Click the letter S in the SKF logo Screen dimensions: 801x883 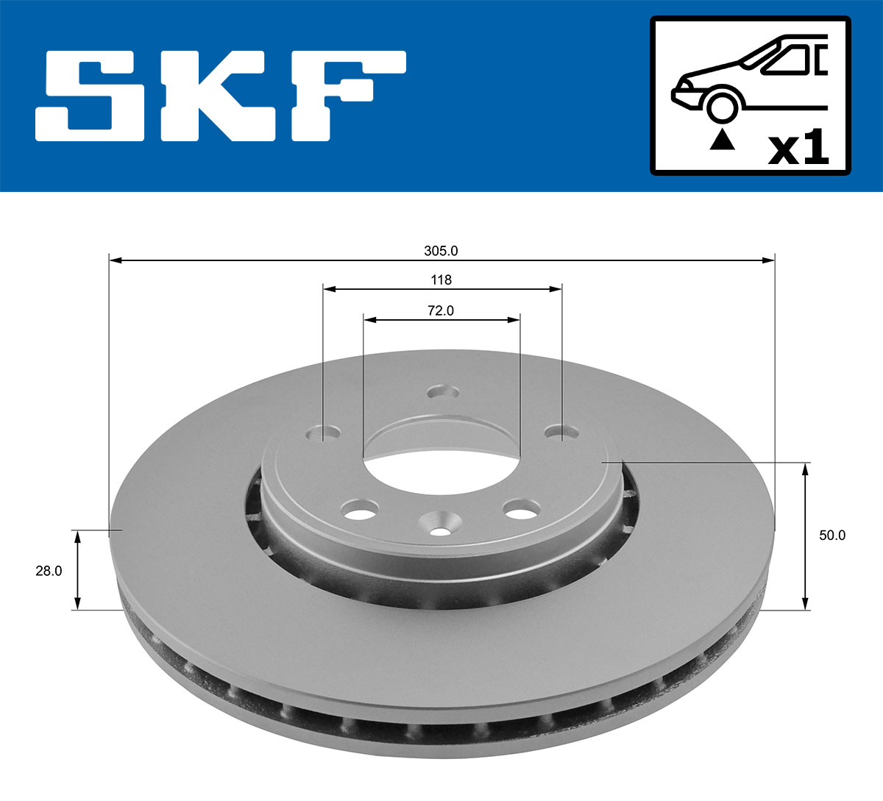coord(91,96)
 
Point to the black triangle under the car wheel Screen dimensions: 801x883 coord(722,139)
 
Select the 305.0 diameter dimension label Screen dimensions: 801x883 coord(441,251)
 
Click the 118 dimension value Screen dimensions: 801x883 coord(441,280)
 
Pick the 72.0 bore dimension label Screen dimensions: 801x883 coord(441,311)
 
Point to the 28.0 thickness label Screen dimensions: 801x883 coord(49,570)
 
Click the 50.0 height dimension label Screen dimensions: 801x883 coord(832,535)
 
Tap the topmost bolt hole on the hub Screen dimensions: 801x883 coord(442,391)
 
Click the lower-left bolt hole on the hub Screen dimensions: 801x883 coord(360,508)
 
